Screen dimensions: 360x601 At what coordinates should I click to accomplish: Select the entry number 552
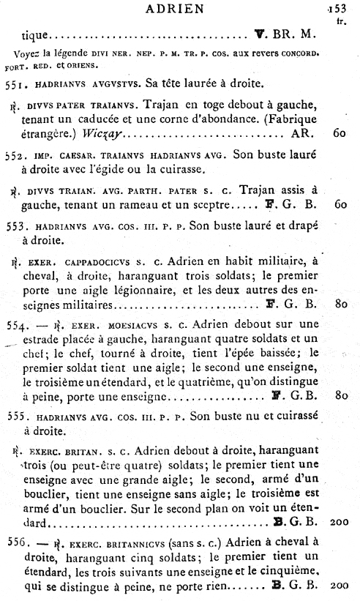pos(15,157)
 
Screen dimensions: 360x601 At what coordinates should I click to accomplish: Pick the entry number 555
pos(15,417)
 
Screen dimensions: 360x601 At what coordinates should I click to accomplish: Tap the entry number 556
pos(15,545)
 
